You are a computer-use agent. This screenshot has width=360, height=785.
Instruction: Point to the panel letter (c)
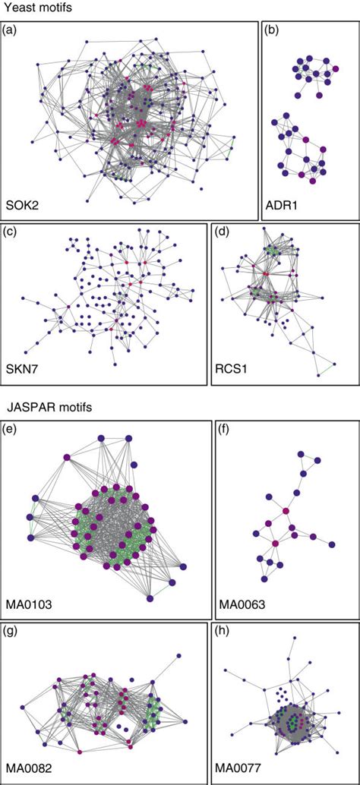[10, 232]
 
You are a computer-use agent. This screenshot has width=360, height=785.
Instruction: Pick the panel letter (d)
[221, 232]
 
